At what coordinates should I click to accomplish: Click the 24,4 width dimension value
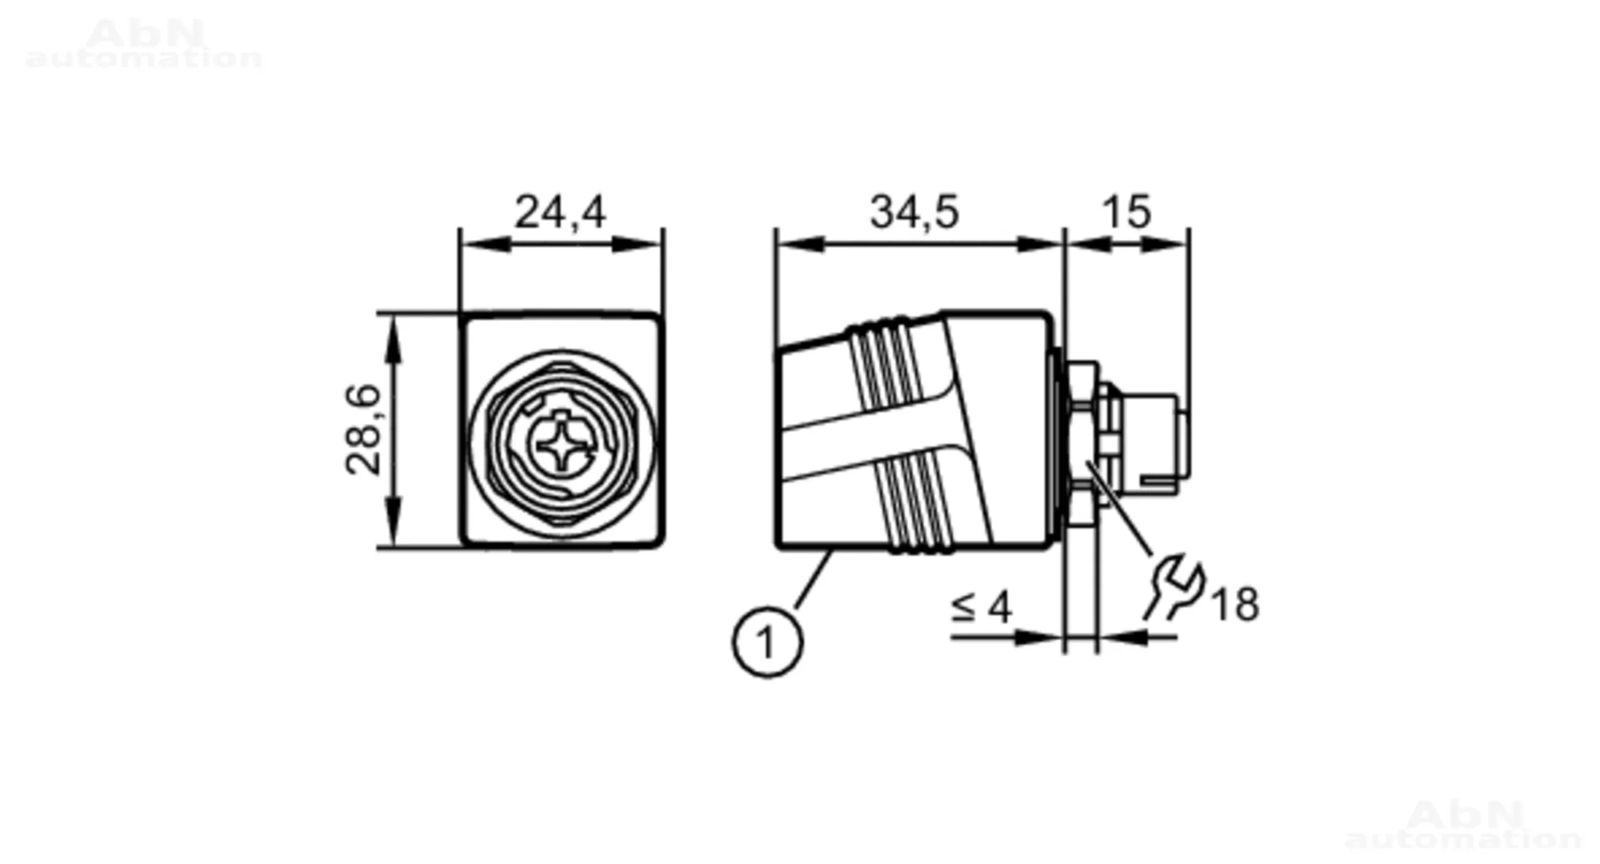click(560, 212)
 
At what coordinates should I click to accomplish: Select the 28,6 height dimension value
click(364, 430)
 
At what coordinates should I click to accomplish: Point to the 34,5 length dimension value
click(914, 212)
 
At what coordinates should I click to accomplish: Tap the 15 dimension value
click(1126, 212)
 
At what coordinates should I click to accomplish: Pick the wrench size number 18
click(1235, 604)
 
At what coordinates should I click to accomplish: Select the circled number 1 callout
click(767, 642)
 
